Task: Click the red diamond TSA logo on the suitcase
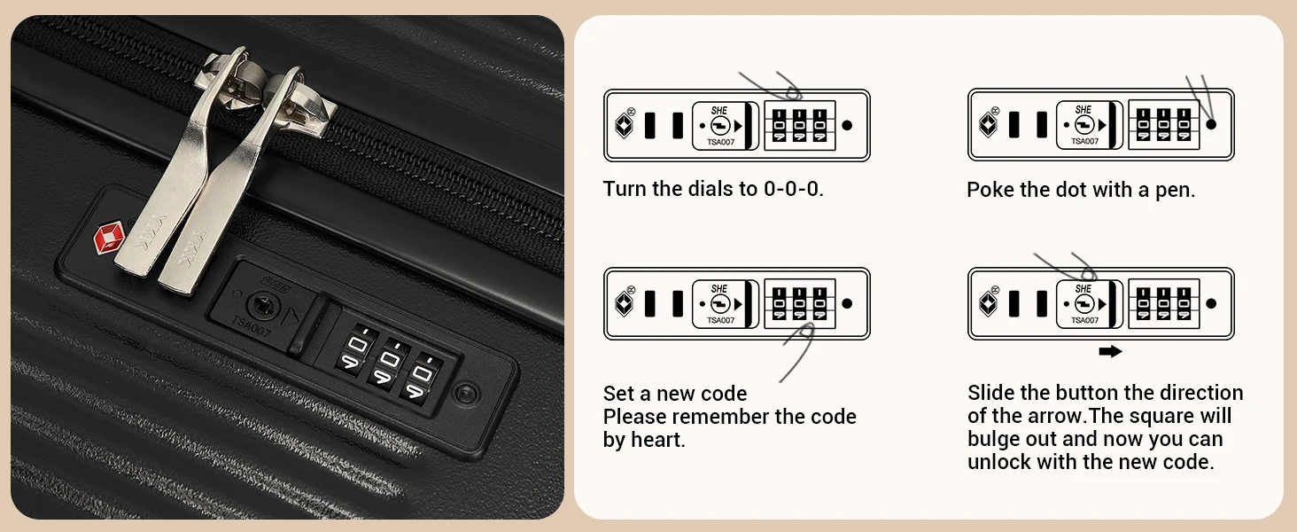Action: [x=109, y=238]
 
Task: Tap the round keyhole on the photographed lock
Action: [x=263, y=304]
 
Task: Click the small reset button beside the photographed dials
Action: [x=467, y=394]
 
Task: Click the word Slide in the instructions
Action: [x=991, y=393]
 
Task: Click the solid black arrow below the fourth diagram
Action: [x=1111, y=351]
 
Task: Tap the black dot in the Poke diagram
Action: [x=1211, y=125]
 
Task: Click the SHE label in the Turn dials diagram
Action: [x=719, y=110]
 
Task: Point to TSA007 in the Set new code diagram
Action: [x=720, y=320]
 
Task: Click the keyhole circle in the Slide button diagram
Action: [x=1083, y=303]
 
